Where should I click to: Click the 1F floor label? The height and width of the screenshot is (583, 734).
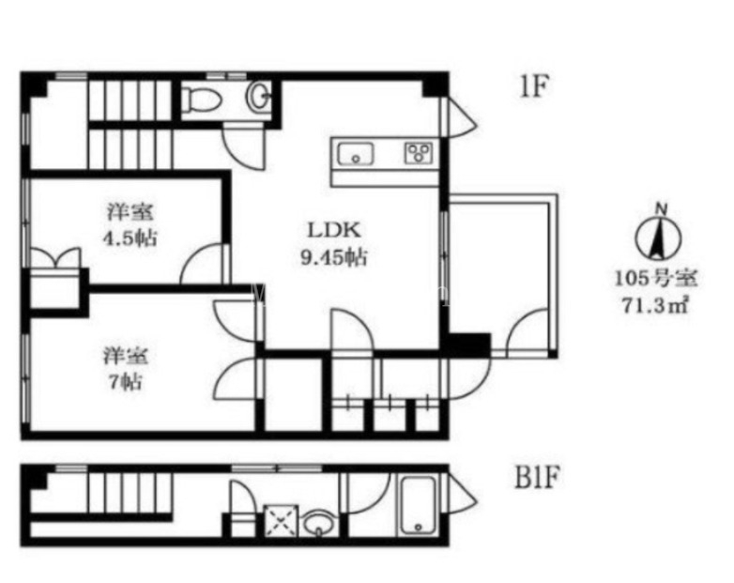click(x=534, y=86)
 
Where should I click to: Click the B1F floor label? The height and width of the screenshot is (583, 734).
click(x=538, y=478)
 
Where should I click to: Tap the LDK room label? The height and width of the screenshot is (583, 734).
click(x=333, y=230)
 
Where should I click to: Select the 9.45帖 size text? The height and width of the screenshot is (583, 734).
click(x=333, y=256)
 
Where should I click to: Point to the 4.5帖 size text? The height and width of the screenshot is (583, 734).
click(x=130, y=238)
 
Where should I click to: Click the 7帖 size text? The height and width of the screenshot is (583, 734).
click(x=126, y=382)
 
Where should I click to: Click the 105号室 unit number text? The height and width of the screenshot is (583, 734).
click(x=656, y=279)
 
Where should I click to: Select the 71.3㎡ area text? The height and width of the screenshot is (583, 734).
click(x=656, y=306)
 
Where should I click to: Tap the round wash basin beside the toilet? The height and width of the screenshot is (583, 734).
click(x=257, y=97)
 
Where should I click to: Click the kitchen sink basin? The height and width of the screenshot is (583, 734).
click(x=356, y=154)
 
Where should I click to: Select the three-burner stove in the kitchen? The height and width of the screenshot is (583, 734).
click(x=419, y=153)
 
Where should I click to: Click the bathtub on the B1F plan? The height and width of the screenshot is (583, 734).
click(x=418, y=507)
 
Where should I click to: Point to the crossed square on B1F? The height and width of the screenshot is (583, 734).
click(x=281, y=520)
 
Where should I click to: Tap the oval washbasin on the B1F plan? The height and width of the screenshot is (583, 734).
click(x=320, y=523)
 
